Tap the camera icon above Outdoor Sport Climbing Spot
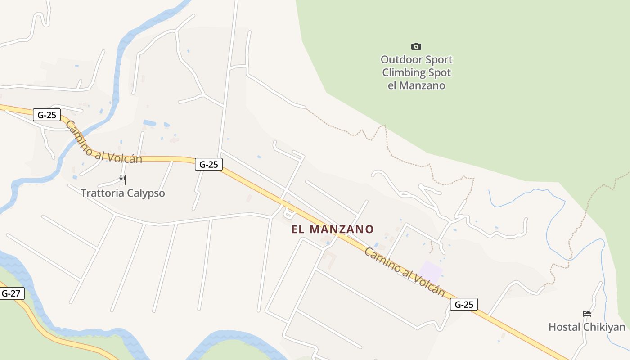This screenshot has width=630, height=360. pyautogui.click(x=416, y=46)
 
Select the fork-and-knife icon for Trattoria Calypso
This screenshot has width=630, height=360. pyautogui.click(x=123, y=180)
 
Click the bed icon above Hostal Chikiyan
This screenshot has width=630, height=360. pyautogui.click(x=587, y=314)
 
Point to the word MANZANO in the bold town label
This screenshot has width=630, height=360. pyautogui.click(x=342, y=229)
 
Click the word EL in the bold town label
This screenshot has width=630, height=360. pyautogui.click(x=298, y=229)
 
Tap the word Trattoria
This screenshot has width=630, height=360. pyautogui.click(x=101, y=193)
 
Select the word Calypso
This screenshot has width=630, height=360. pyautogui.click(x=145, y=193)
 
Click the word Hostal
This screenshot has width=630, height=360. pyautogui.click(x=564, y=327)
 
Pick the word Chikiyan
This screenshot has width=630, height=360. pyautogui.click(x=605, y=327)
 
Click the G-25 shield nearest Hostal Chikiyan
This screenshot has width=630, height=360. pyautogui.click(x=464, y=305)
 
